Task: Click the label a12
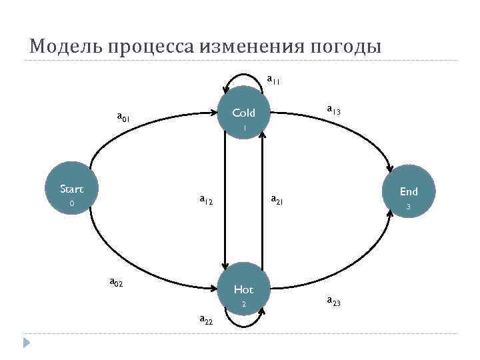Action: pyautogui.click(x=206, y=199)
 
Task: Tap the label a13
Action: pyautogui.click(x=333, y=109)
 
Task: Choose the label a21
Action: pyautogui.click(x=276, y=199)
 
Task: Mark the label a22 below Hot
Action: pyautogui.click(x=206, y=319)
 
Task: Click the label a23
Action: pyautogui.click(x=333, y=301)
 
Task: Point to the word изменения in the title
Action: pyautogui.click(x=251, y=47)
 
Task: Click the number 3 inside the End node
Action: pyautogui.click(x=408, y=207)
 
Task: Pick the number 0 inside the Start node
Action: pyautogui.click(x=72, y=203)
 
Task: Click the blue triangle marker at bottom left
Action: pyautogui.click(x=27, y=343)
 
